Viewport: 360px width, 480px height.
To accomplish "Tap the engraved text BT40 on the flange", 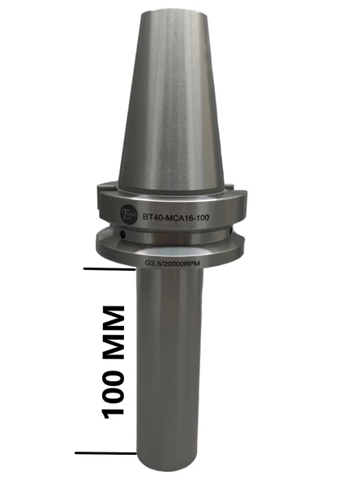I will (x=154, y=217).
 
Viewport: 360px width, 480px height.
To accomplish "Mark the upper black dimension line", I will (x=105, y=268).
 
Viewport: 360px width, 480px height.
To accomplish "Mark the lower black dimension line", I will (x=105, y=452).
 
